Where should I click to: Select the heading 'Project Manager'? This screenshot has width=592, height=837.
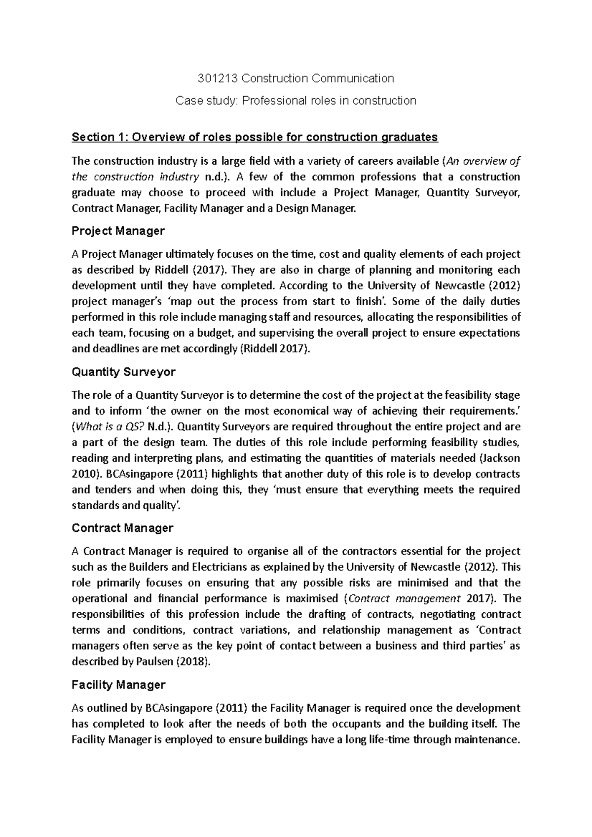[118, 231]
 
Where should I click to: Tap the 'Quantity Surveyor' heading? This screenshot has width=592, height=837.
[123, 372]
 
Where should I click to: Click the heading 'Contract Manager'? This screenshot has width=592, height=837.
[122, 528]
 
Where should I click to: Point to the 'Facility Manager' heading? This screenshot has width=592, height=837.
[118, 685]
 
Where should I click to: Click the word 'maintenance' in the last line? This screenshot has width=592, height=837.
[486, 740]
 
